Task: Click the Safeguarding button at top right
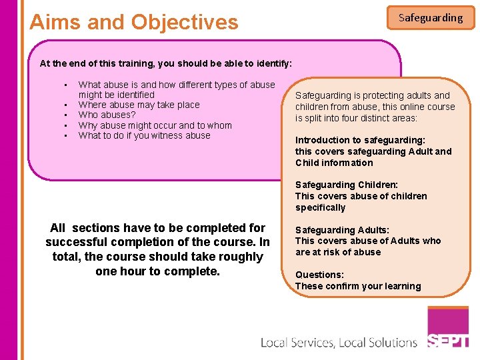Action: pyautogui.click(x=431, y=18)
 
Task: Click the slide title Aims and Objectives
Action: pyautogui.click(x=134, y=22)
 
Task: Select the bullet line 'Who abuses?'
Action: pyautogui.click(x=107, y=115)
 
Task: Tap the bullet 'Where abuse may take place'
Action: pyautogui.click(x=139, y=105)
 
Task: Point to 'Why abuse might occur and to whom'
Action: pyautogui.click(x=155, y=125)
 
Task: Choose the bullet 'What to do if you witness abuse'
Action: pyautogui.click(x=144, y=135)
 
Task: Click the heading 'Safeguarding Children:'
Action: pyautogui.click(x=347, y=185)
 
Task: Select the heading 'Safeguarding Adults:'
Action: pyautogui.click(x=342, y=230)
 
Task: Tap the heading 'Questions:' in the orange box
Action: pyautogui.click(x=319, y=275)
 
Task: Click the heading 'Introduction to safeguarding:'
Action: pyautogui.click(x=360, y=140)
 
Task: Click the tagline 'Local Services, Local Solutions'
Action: pyautogui.click(x=338, y=343)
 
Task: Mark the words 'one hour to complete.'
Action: pyautogui.click(x=157, y=271)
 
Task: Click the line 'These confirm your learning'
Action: pyautogui.click(x=358, y=286)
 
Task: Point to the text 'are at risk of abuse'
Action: pyautogui.click(x=338, y=252)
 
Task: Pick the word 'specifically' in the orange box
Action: pyautogui.click(x=320, y=207)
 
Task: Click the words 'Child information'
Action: pyautogui.click(x=334, y=163)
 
